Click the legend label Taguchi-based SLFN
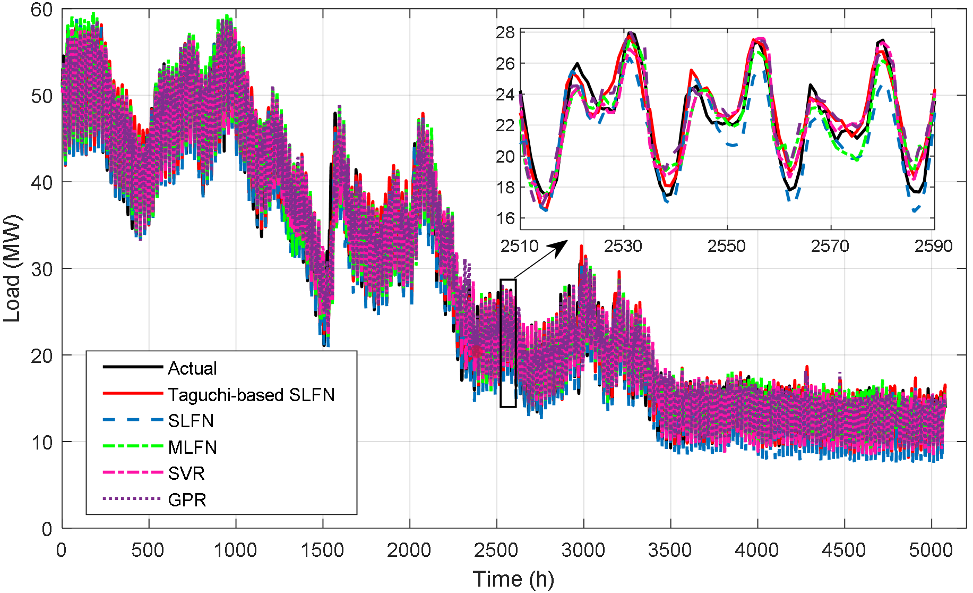251,395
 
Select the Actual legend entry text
192,368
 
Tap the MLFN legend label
192,447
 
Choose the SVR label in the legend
186,473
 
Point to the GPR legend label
187,500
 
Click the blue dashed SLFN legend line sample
132,420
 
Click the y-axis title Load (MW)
12,268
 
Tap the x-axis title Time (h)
513,579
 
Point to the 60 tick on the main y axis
42,10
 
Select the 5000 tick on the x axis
931,550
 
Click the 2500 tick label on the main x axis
496,550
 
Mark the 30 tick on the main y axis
42,269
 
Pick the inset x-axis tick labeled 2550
727,246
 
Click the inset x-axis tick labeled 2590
933,246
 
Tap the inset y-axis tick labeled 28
505,32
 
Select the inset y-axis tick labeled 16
505,218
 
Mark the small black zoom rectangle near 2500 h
508,343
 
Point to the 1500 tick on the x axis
322,550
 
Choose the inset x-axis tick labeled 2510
520,246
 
